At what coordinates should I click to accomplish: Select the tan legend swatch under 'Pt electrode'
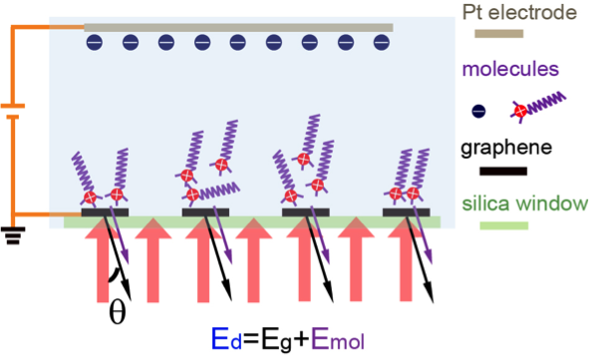506,36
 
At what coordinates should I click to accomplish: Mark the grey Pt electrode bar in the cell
238,27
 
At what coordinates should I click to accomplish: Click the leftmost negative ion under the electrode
94,43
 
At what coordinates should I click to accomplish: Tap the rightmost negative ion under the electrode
380,43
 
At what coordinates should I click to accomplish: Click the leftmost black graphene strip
105,211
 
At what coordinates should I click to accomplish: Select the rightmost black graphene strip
408,211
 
